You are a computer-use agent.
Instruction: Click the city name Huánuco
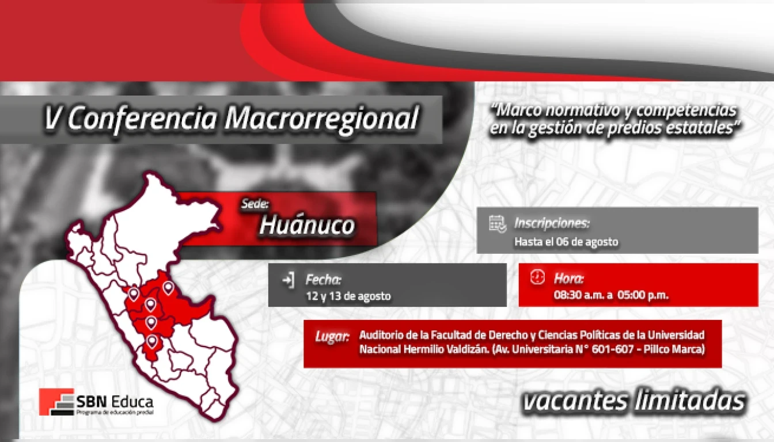307,226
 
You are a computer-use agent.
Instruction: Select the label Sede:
255,204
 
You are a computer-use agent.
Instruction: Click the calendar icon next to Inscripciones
498,224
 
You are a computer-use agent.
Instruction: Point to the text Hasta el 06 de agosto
566,242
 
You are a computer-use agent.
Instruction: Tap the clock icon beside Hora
537,277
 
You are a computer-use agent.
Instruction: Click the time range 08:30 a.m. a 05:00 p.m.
611,295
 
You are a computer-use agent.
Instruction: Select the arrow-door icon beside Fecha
288,280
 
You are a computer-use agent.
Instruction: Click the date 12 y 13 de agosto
348,296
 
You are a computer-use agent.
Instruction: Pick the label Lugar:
332,336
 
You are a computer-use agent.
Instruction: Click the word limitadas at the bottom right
690,401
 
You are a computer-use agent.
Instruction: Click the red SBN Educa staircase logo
56,402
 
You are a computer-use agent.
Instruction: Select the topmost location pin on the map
168,288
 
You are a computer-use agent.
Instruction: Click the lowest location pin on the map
151,341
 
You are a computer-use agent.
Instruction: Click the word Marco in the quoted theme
518,110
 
